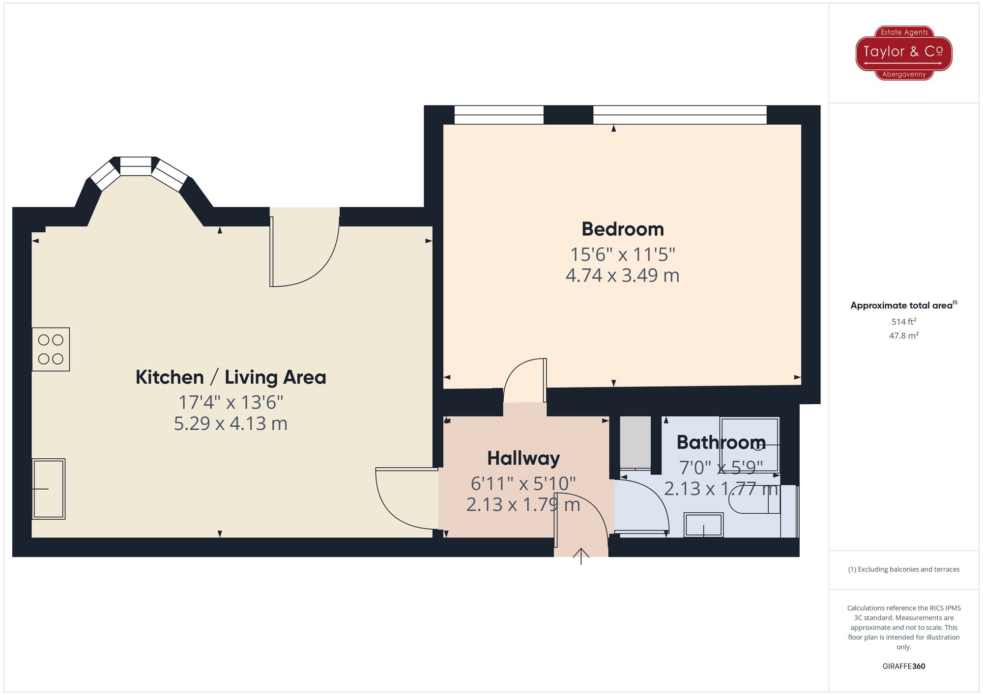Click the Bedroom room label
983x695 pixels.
tap(622, 229)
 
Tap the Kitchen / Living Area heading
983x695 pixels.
tap(231, 377)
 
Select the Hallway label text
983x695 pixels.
tap(523, 458)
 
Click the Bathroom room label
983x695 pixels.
tap(721, 443)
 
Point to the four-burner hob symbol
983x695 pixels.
tap(51, 349)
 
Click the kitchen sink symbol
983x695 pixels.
tap(49, 489)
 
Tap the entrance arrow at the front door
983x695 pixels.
tap(581, 556)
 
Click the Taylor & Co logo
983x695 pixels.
tap(904, 53)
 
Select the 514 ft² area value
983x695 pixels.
tap(903, 322)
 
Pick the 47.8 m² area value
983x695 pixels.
tap(903, 336)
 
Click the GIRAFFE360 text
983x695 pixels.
tap(903, 666)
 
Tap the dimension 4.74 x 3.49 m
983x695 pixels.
tap(622, 276)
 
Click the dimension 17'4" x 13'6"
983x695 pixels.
tap(231, 403)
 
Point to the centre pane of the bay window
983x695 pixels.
tap(136, 167)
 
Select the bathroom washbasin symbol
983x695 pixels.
tap(703, 525)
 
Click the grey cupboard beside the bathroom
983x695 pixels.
tap(635, 442)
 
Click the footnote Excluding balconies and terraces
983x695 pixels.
tap(903, 569)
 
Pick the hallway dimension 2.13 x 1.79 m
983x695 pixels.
tap(523, 505)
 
